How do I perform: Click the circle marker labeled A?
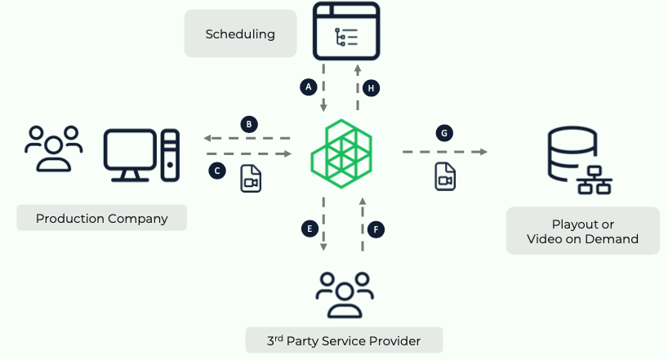point(308,86)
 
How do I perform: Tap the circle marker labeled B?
point(249,125)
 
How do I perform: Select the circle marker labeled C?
point(216,171)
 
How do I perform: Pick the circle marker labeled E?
point(309,229)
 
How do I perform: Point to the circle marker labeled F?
point(376,229)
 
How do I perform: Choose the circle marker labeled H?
point(372,87)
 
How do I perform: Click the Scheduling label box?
point(240,34)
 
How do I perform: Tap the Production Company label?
point(102,219)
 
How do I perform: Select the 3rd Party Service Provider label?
point(344,340)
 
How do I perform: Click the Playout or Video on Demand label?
point(582,231)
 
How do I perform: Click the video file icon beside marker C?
point(251,179)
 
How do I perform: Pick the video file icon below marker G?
point(444,176)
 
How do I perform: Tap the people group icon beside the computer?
point(53,147)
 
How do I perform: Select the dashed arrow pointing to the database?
point(444,153)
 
